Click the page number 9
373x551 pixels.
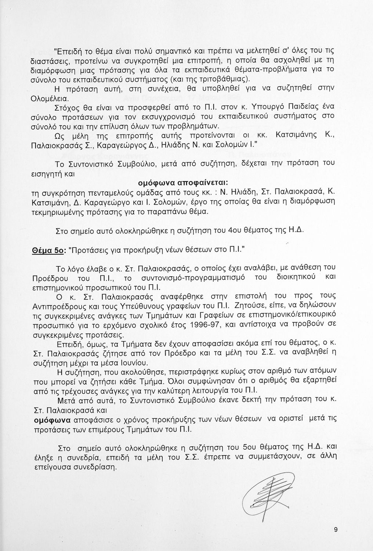click(336, 529)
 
